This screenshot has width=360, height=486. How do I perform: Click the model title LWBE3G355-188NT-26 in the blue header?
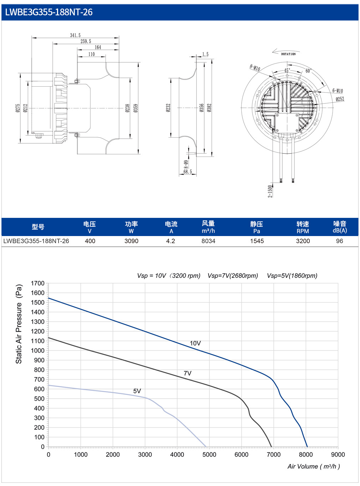pos(48,12)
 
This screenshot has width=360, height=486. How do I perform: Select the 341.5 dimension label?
pos(75,35)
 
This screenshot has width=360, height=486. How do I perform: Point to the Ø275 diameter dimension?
pos(18,108)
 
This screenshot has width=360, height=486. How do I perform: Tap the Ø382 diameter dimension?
pos(209,108)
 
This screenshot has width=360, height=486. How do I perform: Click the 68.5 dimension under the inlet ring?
pos(187,172)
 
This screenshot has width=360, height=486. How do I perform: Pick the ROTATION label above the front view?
pos(288,54)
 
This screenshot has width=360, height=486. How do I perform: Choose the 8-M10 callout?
pos(254,68)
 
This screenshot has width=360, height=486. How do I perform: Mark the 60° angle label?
pos(309,71)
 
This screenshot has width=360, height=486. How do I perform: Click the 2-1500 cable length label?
pos(270,191)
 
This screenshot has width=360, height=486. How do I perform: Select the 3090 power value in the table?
pos(131,241)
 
